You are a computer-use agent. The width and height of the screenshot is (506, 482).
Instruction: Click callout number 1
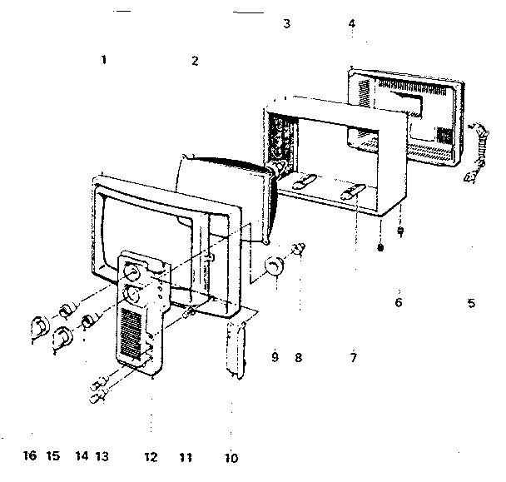103,60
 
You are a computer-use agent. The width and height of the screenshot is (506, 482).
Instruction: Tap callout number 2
195,61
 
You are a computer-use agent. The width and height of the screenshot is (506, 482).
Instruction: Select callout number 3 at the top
286,24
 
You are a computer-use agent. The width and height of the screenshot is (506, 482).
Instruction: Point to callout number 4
352,24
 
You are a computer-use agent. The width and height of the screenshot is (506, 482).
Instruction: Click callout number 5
471,304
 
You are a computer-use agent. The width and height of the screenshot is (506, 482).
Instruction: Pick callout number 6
399,303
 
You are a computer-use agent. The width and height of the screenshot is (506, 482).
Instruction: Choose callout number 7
353,358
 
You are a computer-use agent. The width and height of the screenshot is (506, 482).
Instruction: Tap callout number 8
298,358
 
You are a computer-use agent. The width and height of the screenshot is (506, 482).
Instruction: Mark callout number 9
274,358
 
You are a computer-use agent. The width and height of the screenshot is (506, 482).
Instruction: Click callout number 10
231,457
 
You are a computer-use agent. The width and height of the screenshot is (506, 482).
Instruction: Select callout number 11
186,457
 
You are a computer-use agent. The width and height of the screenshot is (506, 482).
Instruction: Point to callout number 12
151,457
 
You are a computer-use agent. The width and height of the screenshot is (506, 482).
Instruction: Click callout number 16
30,456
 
